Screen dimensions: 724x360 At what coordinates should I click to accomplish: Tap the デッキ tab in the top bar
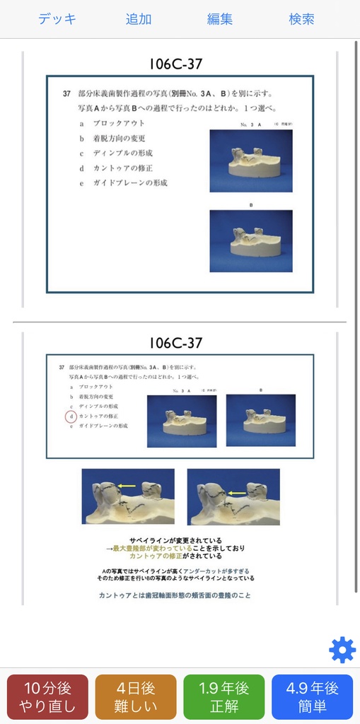coord(57,19)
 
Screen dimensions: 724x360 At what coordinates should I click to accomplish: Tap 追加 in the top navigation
coord(139,19)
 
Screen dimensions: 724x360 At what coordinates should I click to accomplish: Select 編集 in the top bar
coord(220,19)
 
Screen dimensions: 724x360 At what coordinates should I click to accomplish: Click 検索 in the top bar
coord(302,19)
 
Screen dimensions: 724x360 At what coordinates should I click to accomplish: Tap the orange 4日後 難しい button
coord(136,697)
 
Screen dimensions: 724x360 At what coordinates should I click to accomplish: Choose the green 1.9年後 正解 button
coord(223,697)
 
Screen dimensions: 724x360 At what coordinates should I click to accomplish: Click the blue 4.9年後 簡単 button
coord(312,697)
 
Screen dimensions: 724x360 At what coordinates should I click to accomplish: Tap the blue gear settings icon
coord(342,650)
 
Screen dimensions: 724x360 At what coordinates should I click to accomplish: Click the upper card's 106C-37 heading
coord(175,64)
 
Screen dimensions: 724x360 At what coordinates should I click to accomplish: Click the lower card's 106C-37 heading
coord(175,343)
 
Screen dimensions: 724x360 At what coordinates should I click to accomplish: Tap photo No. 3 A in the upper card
coord(250,160)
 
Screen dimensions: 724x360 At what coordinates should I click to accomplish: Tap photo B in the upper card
coord(250,241)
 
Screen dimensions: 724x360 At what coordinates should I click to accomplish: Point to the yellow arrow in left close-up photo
coord(127,486)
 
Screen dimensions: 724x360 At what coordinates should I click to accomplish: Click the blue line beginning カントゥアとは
coord(175,595)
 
